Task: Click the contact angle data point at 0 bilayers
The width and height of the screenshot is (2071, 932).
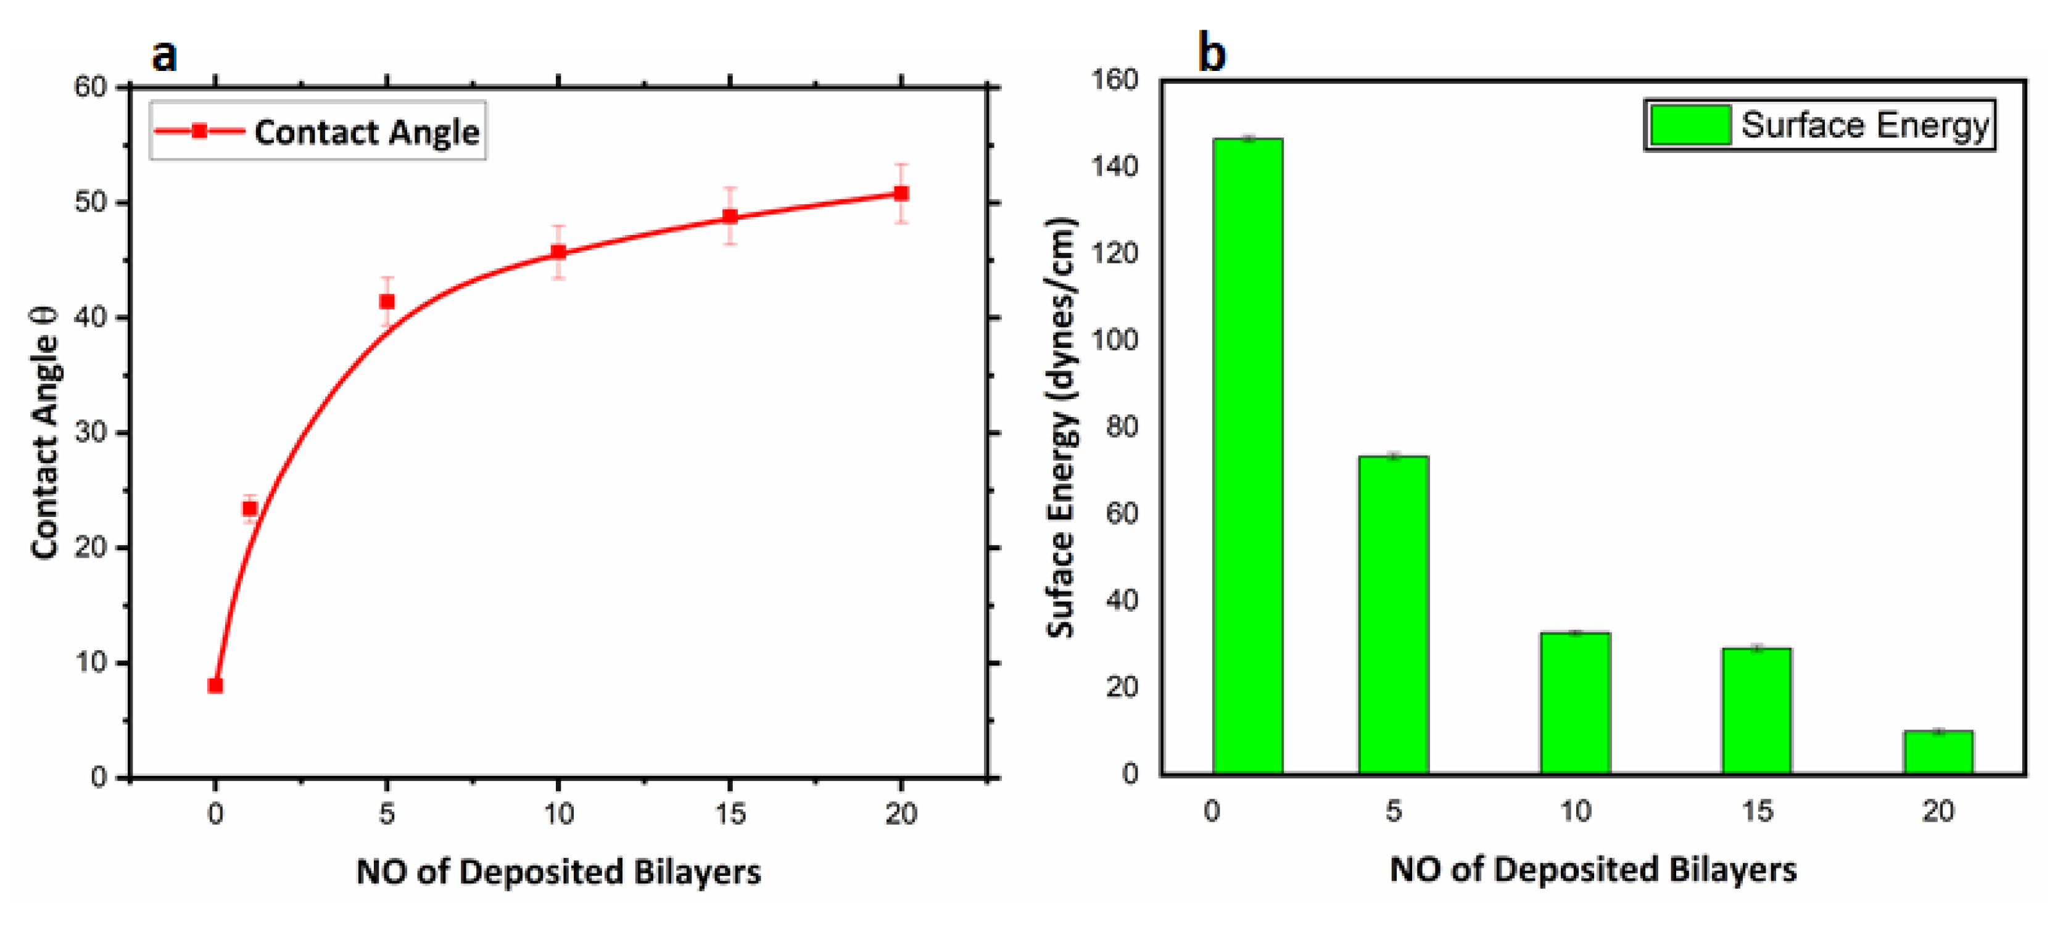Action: [x=215, y=685]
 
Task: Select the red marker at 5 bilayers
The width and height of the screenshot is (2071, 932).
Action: [x=387, y=302]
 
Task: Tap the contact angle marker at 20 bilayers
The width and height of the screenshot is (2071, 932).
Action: [x=901, y=193]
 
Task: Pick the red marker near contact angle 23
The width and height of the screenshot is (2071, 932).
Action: [x=250, y=508]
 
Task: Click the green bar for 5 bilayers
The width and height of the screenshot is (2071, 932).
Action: [x=1393, y=614]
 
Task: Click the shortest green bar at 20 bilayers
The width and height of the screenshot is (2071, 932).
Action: [x=1938, y=752]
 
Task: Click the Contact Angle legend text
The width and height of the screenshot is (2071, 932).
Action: [x=366, y=132]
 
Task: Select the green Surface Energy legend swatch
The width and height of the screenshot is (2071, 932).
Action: [x=1690, y=125]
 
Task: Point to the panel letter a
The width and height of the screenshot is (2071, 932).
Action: [x=165, y=55]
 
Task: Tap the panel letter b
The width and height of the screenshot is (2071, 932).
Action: [x=1212, y=53]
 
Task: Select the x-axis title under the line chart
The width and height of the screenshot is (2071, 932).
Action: [x=558, y=872]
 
